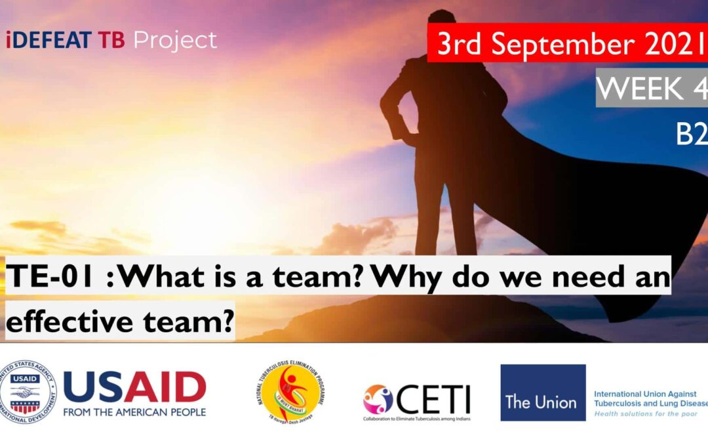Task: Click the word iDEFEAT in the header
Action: point(49,41)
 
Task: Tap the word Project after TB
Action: point(175,41)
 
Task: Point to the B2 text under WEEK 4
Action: point(691,135)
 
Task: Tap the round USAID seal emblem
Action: point(28,392)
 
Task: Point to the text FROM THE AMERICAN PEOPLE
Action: point(134,412)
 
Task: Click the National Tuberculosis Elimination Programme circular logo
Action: point(291,392)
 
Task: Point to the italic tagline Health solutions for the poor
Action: point(646,415)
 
